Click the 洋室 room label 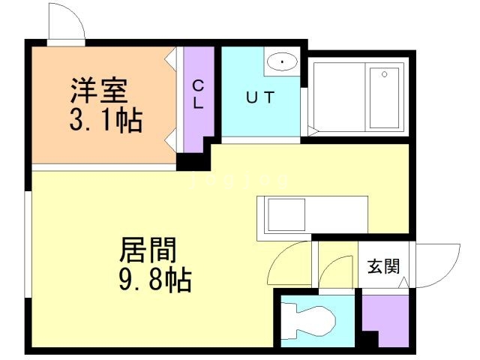click(99, 90)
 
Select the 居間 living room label click(148, 250)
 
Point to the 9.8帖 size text click(155, 280)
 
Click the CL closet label click(198, 94)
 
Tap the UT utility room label click(260, 97)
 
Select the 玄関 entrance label click(383, 266)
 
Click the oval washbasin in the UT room click(282, 61)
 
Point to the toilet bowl click(308, 321)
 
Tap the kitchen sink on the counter click(286, 214)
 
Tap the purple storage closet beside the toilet click(385, 321)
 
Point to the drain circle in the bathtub click(385, 74)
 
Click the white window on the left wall click(28, 244)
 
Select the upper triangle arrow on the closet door click(171, 58)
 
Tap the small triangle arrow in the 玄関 click(403, 282)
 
